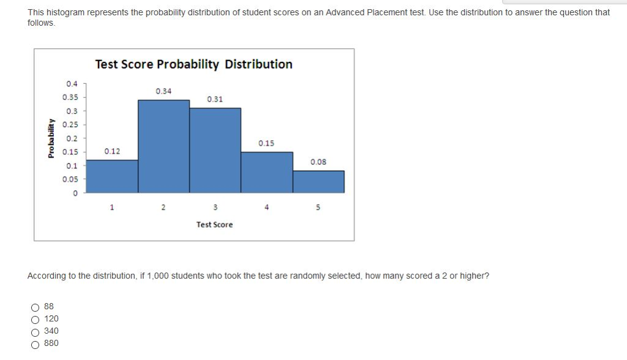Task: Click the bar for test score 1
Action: point(112,176)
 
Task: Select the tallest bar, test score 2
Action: point(163,146)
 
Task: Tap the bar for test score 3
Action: point(215,151)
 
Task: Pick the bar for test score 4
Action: point(266,172)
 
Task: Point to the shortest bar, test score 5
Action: point(318,182)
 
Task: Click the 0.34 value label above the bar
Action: point(163,91)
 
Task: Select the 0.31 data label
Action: point(215,99)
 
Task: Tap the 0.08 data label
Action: point(318,162)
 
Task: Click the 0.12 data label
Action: point(112,151)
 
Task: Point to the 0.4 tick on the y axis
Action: point(72,84)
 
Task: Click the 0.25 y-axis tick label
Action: point(70,124)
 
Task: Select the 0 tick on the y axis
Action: point(75,193)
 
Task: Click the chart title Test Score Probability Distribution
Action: point(193,64)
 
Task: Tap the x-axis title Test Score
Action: point(214,225)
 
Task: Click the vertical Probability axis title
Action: point(51,138)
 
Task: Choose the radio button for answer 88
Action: point(36,307)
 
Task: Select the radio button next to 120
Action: point(36,319)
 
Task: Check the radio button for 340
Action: point(36,331)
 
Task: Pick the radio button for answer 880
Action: point(36,343)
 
